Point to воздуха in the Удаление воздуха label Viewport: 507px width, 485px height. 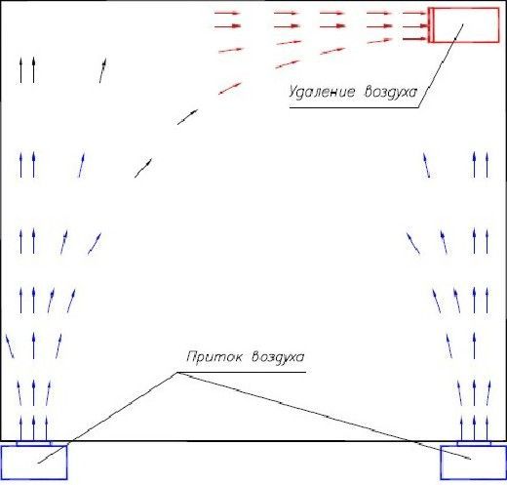[x=391, y=92]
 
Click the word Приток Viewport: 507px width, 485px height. [x=214, y=357]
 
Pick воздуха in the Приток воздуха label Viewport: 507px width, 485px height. [x=278, y=357]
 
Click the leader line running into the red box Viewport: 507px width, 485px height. [x=441, y=65]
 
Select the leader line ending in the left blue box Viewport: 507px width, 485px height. [x=107, y=418]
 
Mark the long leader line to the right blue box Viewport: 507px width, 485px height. [x=324, y=416]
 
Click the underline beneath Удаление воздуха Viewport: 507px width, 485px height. [x=354, y=107]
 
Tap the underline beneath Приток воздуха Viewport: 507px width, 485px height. [x=242, y=372]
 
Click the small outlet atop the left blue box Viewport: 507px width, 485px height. [x=34, y=443]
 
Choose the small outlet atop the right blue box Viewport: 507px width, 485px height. [x=474, y=443]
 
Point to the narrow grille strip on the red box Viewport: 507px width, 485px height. [x=431, y=25]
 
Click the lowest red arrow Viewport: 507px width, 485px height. [x=230, y=89]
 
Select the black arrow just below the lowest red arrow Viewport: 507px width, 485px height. [x=187, y=117]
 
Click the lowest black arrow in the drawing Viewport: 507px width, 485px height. [x=143, y=168]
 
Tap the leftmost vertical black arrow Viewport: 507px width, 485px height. [x=21, y=70]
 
